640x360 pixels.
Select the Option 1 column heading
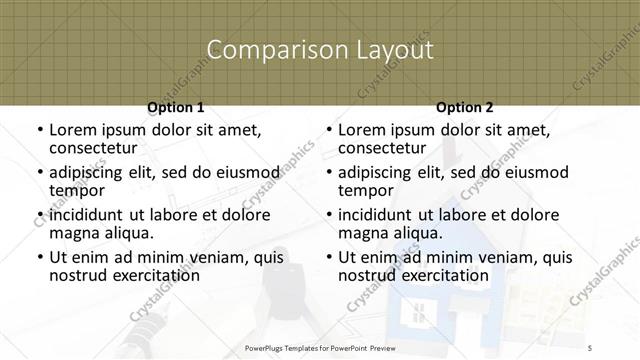175,107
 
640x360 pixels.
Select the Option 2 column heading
465,107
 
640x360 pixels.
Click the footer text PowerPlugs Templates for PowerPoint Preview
319,348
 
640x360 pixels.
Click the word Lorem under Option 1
73,130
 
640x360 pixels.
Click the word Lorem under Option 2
363,130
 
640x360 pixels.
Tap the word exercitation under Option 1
153,275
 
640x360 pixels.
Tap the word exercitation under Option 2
443,275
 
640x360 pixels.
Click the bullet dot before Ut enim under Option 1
39,258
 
